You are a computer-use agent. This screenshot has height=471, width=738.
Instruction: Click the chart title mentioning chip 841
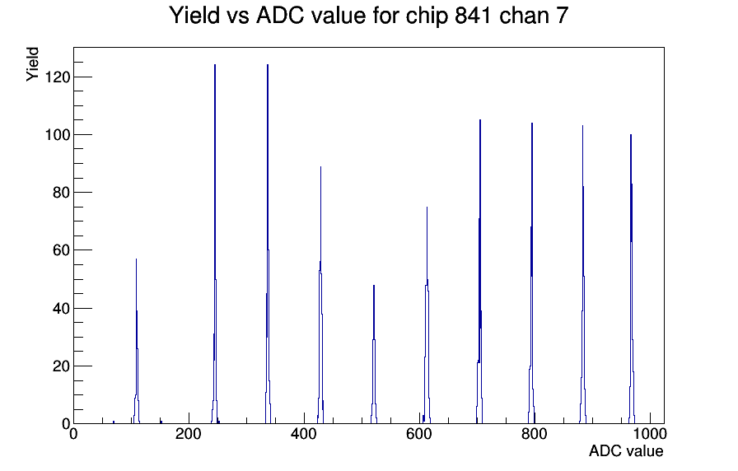368,16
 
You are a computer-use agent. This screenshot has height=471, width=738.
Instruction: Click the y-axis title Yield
32,64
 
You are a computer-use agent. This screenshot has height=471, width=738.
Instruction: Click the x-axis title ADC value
626,450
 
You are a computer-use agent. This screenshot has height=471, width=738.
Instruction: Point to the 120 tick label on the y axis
58,77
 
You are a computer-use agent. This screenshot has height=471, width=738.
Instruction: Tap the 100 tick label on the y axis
58,134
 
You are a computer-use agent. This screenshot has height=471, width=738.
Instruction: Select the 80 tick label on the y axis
61,193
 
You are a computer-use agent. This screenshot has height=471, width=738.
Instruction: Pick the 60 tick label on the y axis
61,250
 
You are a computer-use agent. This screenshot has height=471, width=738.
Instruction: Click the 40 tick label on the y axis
61,308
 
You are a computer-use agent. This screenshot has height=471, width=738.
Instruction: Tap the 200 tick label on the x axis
189,434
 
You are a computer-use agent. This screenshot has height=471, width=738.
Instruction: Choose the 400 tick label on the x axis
304,434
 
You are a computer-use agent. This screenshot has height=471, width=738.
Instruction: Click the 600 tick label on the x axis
419,434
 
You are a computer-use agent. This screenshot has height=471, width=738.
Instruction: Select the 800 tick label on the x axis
535,434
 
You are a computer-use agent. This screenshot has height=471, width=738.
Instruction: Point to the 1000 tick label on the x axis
650,434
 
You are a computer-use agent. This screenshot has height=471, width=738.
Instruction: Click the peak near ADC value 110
137,341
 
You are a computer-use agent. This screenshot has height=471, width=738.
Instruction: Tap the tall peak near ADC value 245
215,245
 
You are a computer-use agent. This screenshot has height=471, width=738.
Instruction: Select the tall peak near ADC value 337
268,245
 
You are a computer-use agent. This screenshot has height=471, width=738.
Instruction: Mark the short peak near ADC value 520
374,354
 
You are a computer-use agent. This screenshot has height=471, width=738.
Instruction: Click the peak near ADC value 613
427,315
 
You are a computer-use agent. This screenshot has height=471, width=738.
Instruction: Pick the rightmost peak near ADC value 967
631,279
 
